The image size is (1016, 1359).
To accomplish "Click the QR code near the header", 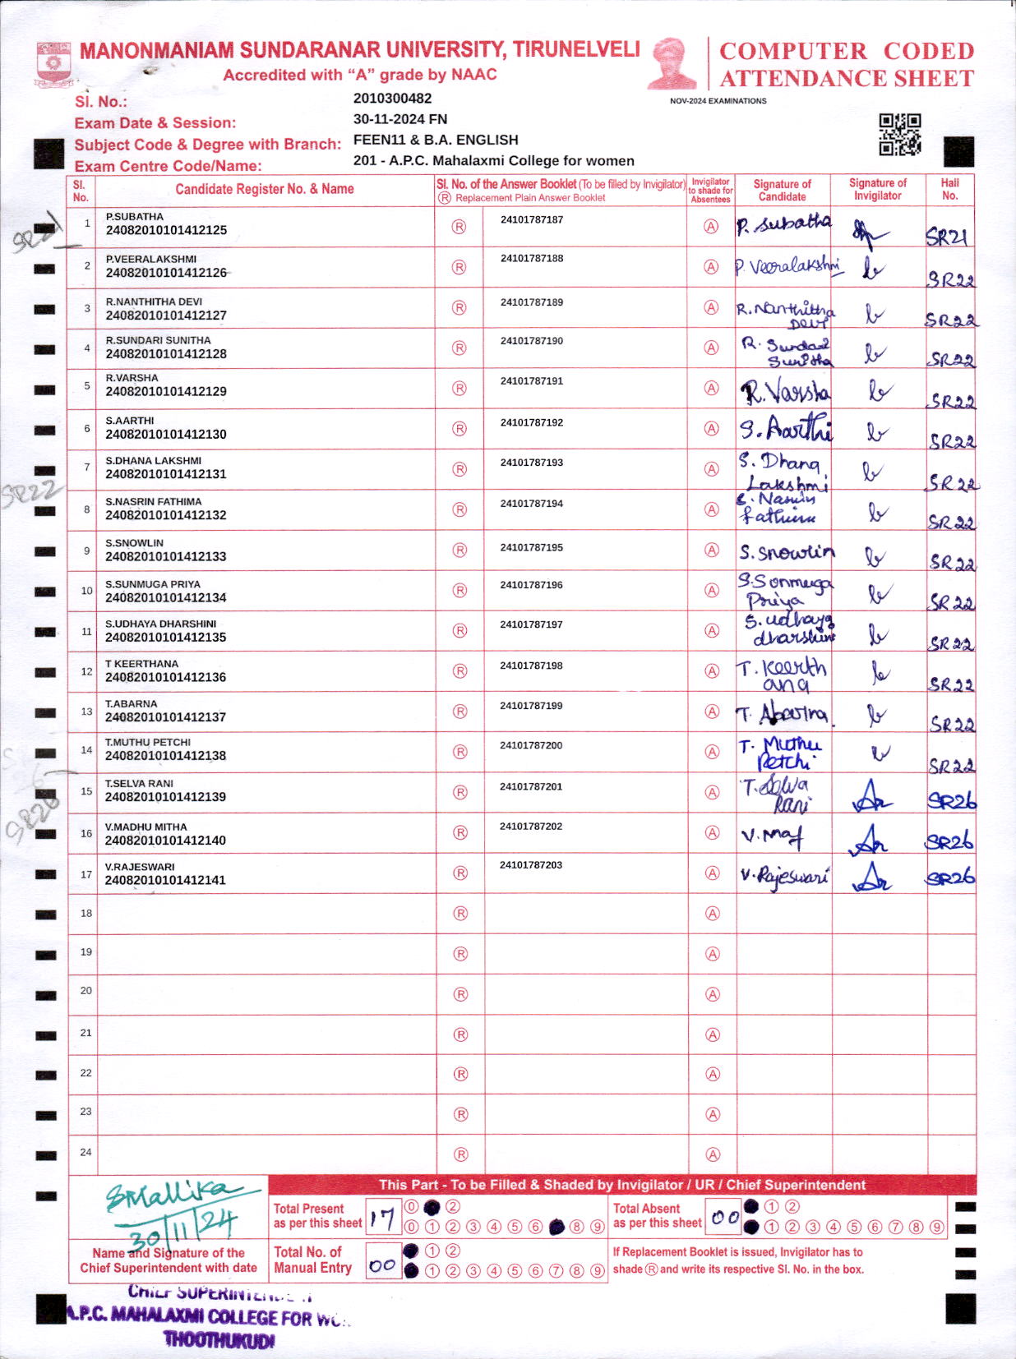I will [899, 134].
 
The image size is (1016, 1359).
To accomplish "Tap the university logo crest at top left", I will [53, 64].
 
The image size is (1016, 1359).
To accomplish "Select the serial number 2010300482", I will [392, 99].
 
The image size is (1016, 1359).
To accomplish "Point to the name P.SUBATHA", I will [134, 217].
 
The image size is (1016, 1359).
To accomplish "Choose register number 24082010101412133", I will [165, 556].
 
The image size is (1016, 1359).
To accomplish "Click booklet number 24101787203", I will [531, 865].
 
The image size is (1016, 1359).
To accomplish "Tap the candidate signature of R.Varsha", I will [784, 392].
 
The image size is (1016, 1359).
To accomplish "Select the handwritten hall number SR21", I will [946, 237].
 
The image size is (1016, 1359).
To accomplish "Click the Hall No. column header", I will [949, 189].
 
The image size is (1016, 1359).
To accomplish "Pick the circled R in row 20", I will [460, 994].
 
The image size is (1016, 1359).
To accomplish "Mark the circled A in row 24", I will [713, 1154].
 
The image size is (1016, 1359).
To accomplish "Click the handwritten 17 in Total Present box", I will [381, 1217].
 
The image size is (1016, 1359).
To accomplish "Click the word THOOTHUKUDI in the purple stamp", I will [219, 1340].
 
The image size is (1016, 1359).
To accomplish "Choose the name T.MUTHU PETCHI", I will [147, 742].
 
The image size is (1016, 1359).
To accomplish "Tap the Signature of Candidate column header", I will [782, 190].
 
